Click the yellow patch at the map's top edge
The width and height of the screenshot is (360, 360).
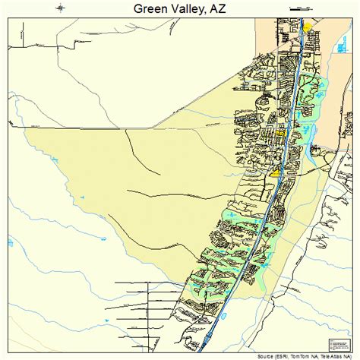tap(307, 27)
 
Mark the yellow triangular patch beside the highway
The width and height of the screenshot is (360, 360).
tap(274, 173)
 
